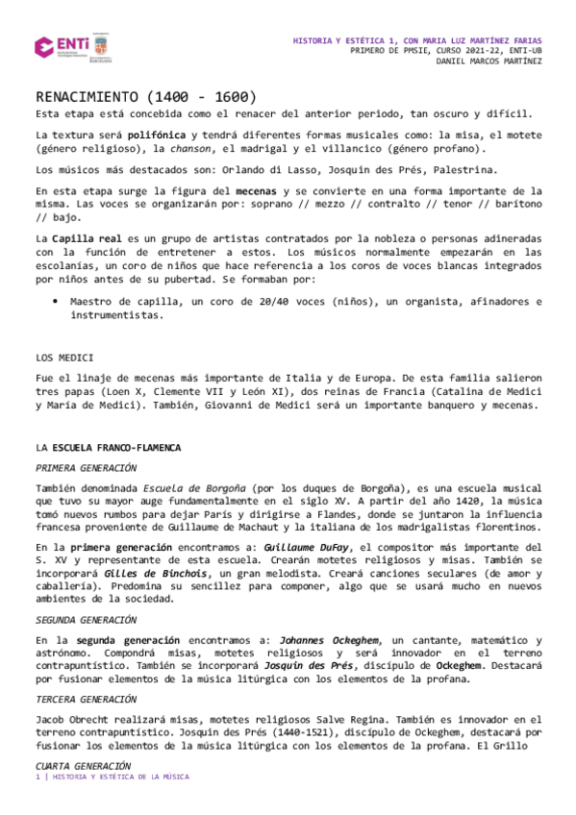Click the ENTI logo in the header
tap(63, 47)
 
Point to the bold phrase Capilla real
tap(87, 237)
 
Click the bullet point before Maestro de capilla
tap(56, 302)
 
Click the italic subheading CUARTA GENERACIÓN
tap(82, 766)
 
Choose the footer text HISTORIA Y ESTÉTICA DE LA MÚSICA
tap(121, 777)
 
